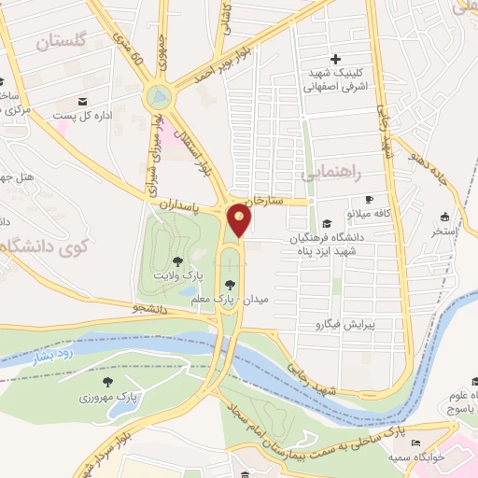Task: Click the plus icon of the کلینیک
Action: point(335,60)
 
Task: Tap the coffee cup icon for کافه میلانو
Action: point(369,199)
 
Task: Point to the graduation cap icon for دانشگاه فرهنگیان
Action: point(327,223)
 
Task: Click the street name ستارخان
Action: point(264,200)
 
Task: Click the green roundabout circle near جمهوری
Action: point(159,96)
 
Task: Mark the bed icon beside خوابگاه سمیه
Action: point(416,443)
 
